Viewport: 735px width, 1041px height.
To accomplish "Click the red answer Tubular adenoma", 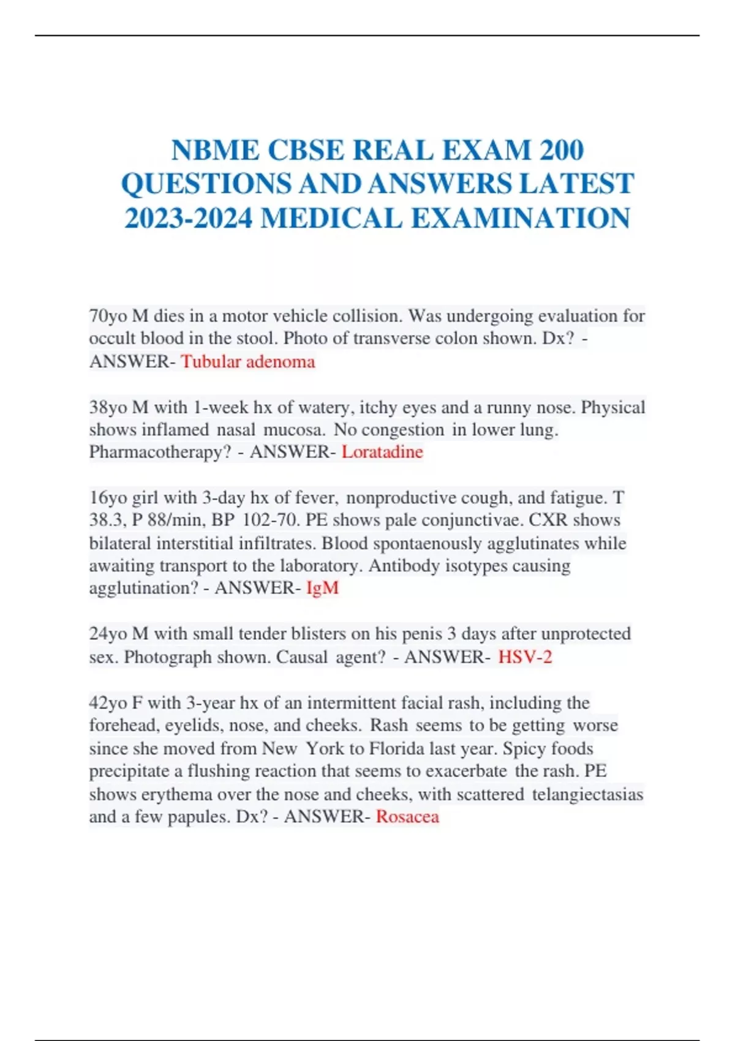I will (x=247, y=361).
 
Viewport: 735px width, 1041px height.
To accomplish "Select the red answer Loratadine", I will (x=382, y=452).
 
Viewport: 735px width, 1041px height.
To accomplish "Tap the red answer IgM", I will (x=322, y=588).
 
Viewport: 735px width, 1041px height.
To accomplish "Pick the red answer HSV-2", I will (x=525, y=657).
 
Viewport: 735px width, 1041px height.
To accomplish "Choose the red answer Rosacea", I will (x=407, y=816).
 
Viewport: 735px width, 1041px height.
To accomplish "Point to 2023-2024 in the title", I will (x=188, y=219).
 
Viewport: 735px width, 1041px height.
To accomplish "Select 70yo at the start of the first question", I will (x=108, y=316).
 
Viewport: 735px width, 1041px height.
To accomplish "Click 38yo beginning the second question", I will (x=108, y=407).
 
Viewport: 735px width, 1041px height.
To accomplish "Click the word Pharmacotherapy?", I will (x=160, y=452).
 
